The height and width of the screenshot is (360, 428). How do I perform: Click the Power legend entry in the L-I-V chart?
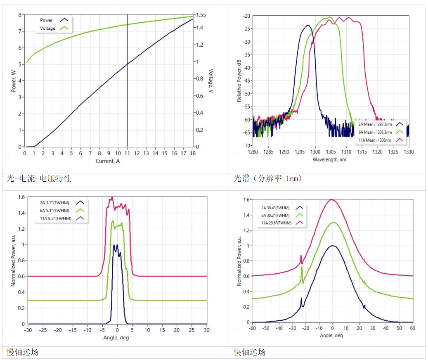46,20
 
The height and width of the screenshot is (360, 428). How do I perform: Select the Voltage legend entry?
47,28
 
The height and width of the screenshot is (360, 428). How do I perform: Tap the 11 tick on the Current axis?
128,153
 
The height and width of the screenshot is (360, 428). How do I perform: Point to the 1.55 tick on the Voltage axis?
201,15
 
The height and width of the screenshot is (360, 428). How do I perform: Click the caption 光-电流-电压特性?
39,179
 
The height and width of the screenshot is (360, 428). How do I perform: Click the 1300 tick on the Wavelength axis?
315,152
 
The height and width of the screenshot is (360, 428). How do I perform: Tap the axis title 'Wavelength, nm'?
329,159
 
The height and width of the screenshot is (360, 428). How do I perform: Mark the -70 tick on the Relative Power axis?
246,146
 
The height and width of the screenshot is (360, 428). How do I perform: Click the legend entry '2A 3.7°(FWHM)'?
54,203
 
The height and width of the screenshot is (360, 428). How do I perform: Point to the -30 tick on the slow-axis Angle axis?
28,330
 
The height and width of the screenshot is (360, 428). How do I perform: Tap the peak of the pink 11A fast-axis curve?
331,200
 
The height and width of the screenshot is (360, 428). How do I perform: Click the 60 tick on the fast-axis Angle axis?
412,329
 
